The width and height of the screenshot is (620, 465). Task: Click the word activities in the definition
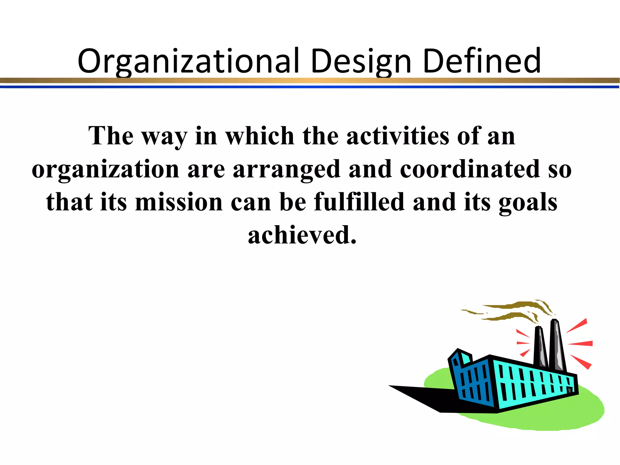pyautogui.click(x=398, y=136)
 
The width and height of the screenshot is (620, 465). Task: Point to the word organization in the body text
pyautogui.click(x=105, y=170)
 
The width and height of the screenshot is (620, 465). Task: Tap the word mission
pyautogui.click(x=179, y=202)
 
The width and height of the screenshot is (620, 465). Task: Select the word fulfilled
pyautogui.click(x=359, y=202)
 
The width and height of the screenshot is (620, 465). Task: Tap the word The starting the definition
pyautogui.click(x=111, y=136)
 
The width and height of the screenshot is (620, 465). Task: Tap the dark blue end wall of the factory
pyautogui.click(x=472, y=381)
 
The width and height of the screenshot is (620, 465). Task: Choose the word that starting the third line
pyautogui.click(x=69, y=202)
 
